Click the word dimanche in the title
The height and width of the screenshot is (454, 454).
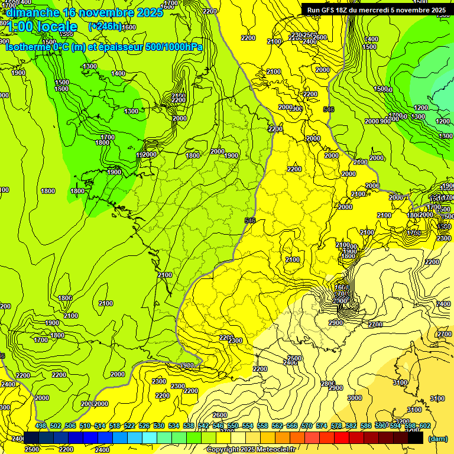33,12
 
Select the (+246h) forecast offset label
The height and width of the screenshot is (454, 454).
105,27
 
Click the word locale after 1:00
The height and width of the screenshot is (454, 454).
57,27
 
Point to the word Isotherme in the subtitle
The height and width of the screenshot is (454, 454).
27,47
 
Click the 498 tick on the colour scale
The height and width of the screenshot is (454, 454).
41,426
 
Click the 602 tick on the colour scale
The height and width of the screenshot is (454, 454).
425,426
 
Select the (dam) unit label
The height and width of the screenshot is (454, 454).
437,439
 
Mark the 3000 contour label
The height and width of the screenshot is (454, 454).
354,398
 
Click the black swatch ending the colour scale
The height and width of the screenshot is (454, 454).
416,438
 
